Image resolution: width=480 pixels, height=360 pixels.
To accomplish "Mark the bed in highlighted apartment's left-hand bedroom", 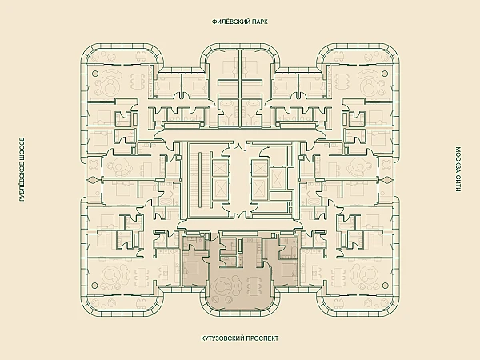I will click(x=194, y=255).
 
